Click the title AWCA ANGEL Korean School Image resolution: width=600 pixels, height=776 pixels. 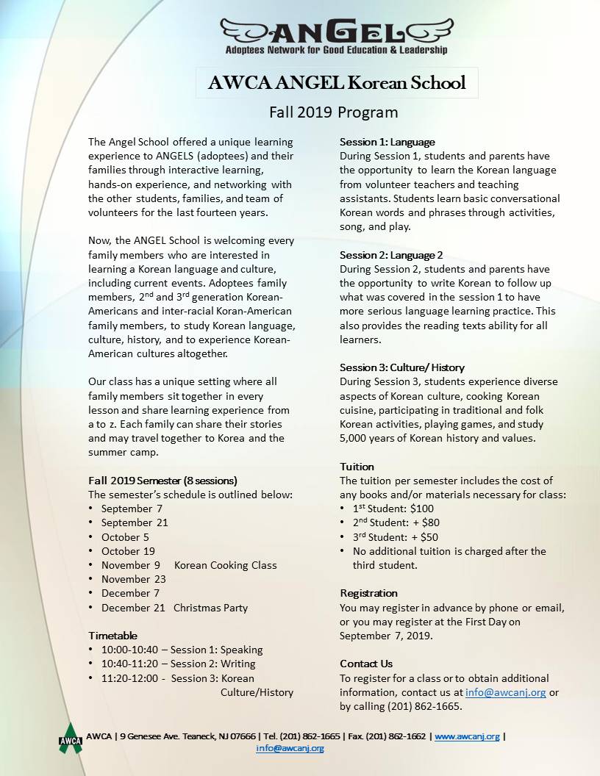tap(337, 82)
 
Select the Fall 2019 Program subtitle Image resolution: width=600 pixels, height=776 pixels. tap(333, 112)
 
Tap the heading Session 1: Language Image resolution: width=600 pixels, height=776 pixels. tap(387, 142)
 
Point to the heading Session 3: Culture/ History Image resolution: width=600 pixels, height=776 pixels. tap(402, 367)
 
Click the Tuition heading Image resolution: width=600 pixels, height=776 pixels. tap(357, 467)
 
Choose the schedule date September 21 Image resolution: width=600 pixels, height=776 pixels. tap(135, 522)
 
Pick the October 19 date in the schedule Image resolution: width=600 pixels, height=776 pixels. tap(128, 551)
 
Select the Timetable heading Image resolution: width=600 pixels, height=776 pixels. tap(113, 636)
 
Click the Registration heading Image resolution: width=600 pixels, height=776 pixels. tap(368, 593)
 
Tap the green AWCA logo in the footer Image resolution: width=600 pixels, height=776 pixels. tap(71, 736)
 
